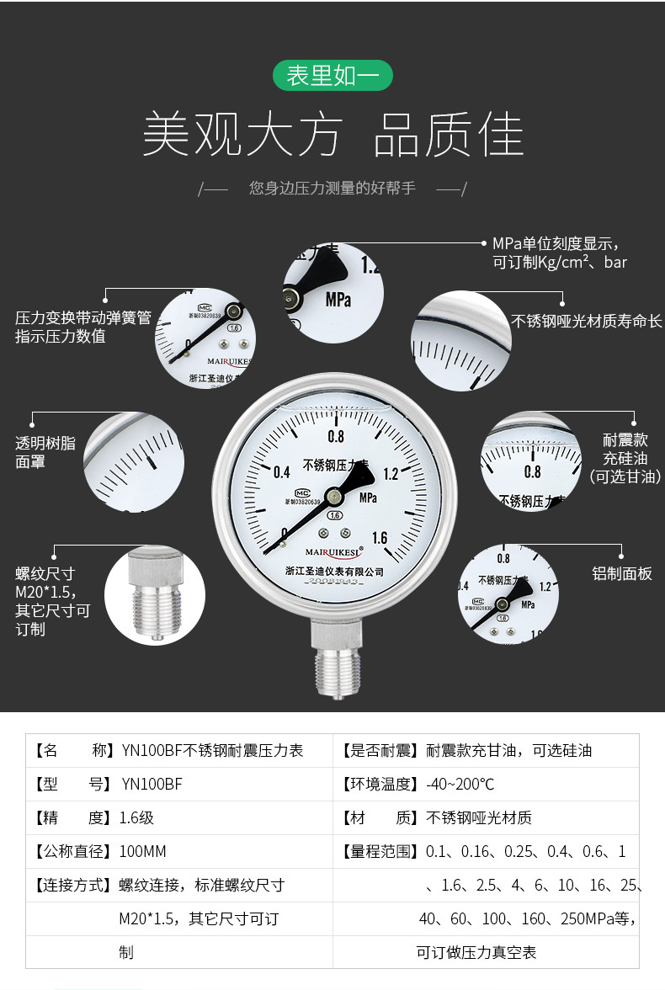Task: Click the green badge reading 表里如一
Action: [x=332, y=76]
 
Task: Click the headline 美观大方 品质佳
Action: [x=332, y=135]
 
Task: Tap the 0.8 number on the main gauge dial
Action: [x=336, y=436]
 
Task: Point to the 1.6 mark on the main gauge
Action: [x=379, y=539]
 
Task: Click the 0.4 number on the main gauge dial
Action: [x=282, y=471]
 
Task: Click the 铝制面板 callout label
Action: [x=622, y=574]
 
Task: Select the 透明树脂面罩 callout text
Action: [x=45, y=452]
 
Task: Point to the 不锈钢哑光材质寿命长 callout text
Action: [x=587, y=322]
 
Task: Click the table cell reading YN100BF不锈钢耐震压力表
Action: [x=212, y=750]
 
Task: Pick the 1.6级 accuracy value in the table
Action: [x=136, y=817]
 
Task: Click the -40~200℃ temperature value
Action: [x=460, y=784]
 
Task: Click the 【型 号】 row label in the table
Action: [x=72, y=784]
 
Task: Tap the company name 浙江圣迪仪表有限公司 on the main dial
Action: [x=334, y=572]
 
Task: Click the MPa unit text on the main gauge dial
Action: [x=368, y=498]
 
